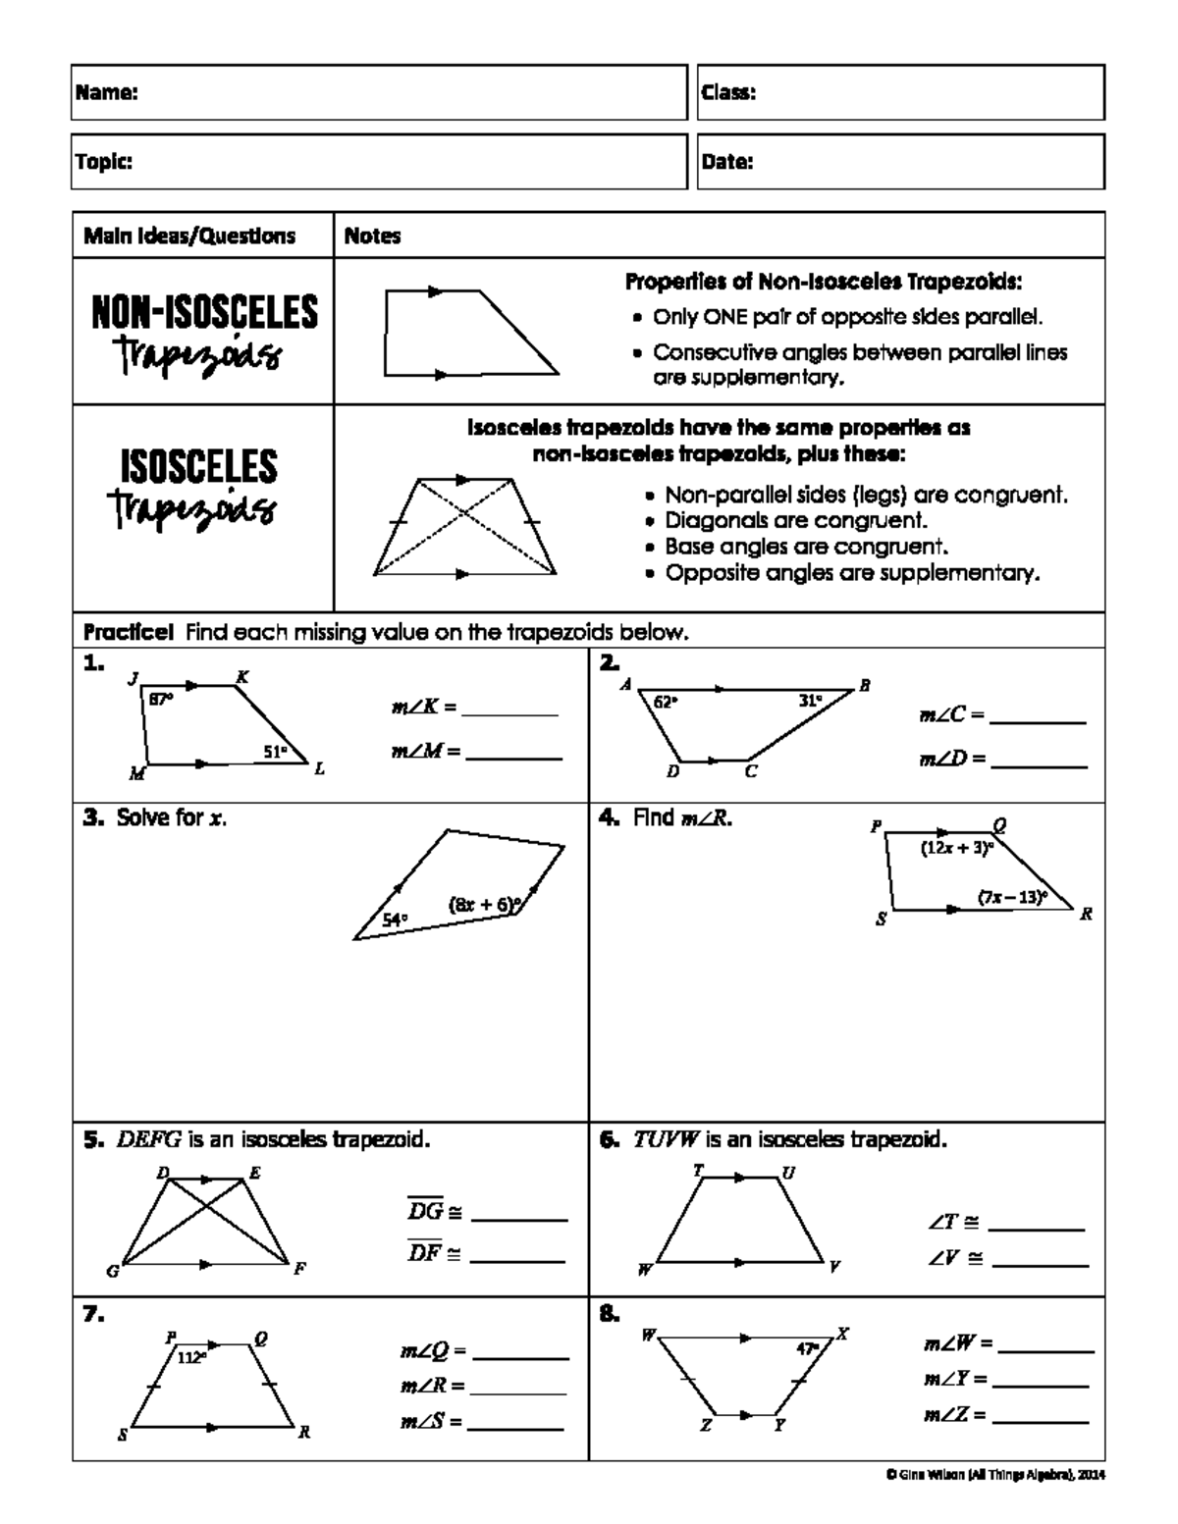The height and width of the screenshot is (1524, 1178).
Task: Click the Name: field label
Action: [x=106, y=93]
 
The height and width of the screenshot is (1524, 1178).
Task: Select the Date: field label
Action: [x=727, y=163]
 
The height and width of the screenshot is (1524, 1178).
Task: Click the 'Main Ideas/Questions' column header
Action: [x=189, y=236]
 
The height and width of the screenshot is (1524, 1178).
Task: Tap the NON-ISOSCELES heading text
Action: [x=204, y=312]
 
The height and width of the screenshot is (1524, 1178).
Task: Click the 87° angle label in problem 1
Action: [x=160, y=699]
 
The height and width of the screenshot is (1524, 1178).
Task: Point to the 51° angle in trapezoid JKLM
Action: [x=275, y=752]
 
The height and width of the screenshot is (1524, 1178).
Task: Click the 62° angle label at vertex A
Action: [x=666, y=702]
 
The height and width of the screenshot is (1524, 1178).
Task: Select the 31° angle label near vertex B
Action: [x=810, y=701]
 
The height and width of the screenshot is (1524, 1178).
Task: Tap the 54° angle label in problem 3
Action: [x=395, y=920]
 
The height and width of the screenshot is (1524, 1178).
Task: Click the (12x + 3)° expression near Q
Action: [x=956, y=849]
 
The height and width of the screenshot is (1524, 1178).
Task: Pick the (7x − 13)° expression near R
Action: [x=1012, y=896]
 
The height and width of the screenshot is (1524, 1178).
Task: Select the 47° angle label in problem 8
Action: [x=807, y=1348]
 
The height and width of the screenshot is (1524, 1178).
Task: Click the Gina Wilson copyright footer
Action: [x=994, y=1474]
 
